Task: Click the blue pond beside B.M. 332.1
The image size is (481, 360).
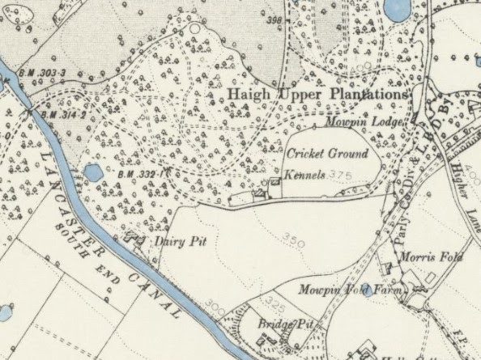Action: tap(93, 172)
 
